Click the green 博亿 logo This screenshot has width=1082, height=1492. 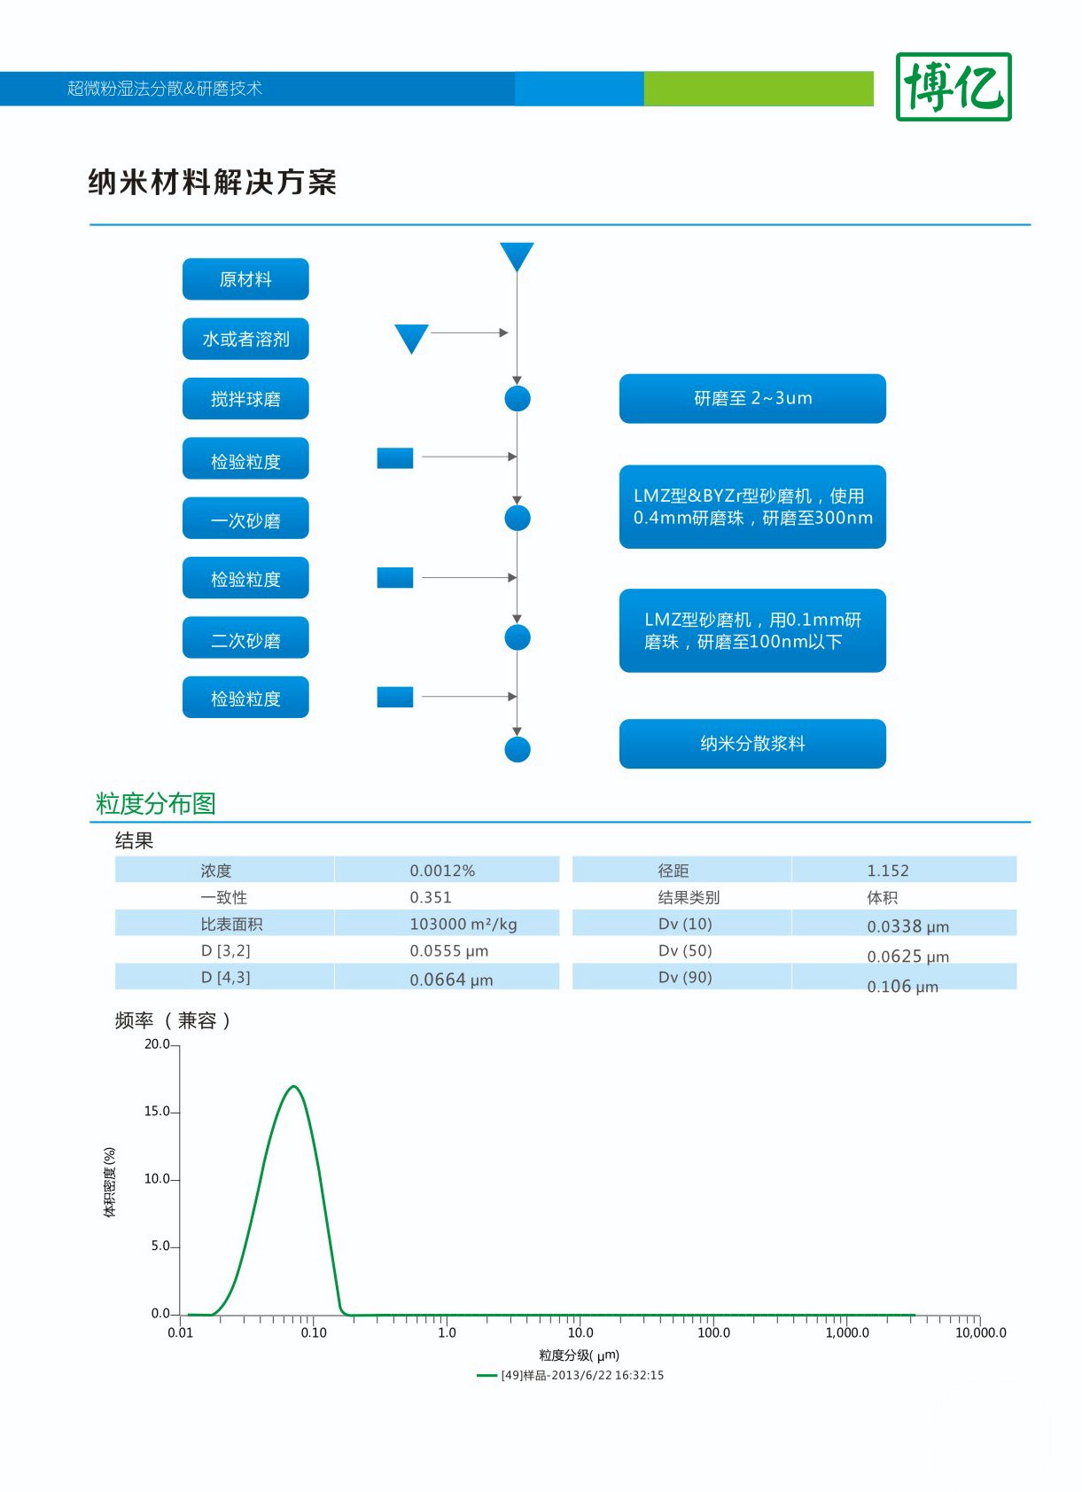(x=954, y=87)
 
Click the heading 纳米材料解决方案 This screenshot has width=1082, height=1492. (x=213, y=182)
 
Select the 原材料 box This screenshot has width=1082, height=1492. (x=245, y=279)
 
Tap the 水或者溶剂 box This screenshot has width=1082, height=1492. (x=245, y=339)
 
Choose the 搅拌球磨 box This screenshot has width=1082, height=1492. (x=245, y=399)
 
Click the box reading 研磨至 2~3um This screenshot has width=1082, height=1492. (x=752, y=399)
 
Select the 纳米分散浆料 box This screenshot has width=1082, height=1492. (x=752, y=744)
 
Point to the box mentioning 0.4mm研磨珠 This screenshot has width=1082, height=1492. (x=752, y=507)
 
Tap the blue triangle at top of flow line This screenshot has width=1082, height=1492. (x=517, y=255)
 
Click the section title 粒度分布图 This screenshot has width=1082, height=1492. (x=156, y=803)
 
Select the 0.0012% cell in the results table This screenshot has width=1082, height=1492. (x=442, y=871)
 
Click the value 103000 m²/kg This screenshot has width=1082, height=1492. (x=463, y=924)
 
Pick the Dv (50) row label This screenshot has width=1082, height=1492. (x=685, y=950)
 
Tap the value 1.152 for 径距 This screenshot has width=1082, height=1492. (x=888, y=871)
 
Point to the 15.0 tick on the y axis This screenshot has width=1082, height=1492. (x=157, y=1112)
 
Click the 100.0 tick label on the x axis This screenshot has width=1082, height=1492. (x=713, y=1332)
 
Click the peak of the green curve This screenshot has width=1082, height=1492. (x=293, y=1087)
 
